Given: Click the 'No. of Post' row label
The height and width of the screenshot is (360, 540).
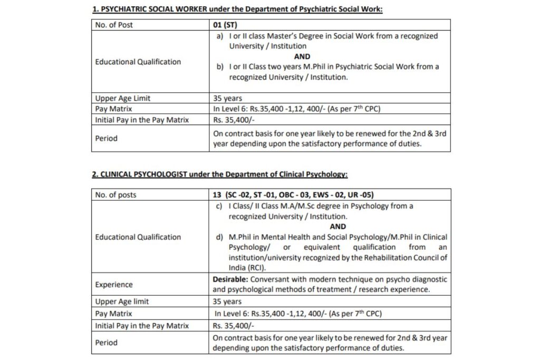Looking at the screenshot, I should (114, 25).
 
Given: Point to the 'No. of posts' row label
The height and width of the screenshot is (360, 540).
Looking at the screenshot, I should (115, 195).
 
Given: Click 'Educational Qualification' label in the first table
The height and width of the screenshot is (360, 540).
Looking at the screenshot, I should (138, 62).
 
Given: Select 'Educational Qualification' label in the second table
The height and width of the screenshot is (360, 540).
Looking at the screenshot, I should (138, 237).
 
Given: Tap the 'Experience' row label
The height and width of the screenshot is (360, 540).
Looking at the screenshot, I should (114, 285).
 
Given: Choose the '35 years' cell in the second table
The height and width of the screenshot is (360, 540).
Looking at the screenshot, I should (227, 302).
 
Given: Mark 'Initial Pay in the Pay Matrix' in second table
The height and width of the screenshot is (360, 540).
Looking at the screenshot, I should (142, 326).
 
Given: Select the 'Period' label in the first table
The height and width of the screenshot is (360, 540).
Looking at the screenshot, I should (107, 139).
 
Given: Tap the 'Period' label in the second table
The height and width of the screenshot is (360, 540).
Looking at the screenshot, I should (107, 343).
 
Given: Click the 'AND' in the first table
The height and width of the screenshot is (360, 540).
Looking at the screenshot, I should (302, 56).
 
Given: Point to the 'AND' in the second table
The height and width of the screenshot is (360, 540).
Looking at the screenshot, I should (337, 227).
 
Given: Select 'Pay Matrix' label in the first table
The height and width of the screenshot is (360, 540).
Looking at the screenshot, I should (113, 109).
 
